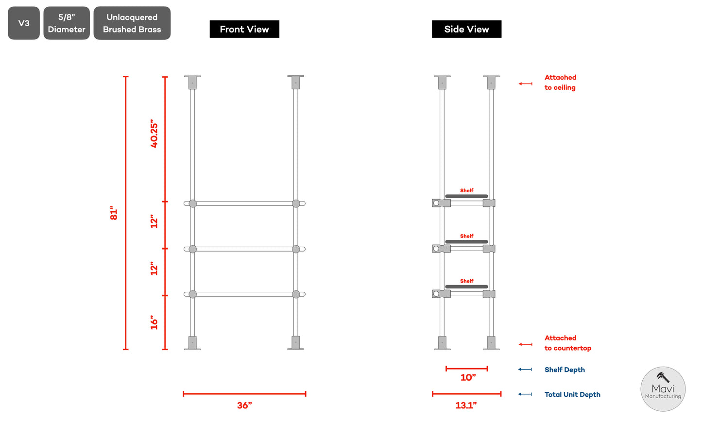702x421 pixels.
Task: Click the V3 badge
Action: (24, 23)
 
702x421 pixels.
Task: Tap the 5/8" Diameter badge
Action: (67, 23)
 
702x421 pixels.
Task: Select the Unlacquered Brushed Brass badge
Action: (132, 23)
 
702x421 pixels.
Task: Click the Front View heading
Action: (244, 29)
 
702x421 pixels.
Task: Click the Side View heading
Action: (466, 29)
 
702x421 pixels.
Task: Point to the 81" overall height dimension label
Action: (114, 213)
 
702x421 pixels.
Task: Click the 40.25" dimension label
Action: (154, 133)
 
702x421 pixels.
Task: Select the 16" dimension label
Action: (154, 322)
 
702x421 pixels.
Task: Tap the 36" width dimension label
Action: (244, 405)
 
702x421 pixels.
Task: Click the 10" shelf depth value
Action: (468, 377)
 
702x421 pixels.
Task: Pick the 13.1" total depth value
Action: (466, 405)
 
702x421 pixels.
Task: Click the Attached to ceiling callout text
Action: (560, 83)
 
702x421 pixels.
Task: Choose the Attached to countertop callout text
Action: (567, 343)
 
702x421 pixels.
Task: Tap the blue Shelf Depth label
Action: (565, 370)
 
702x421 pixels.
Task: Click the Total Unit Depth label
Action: (572, 394)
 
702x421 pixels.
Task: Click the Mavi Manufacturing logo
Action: (663, 389)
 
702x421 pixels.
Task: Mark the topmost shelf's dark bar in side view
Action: (466, 196)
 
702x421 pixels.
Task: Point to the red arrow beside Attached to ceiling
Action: (525, 84)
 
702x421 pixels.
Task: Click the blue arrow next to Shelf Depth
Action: (525, 370)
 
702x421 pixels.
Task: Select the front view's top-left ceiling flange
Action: (192, 82)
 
